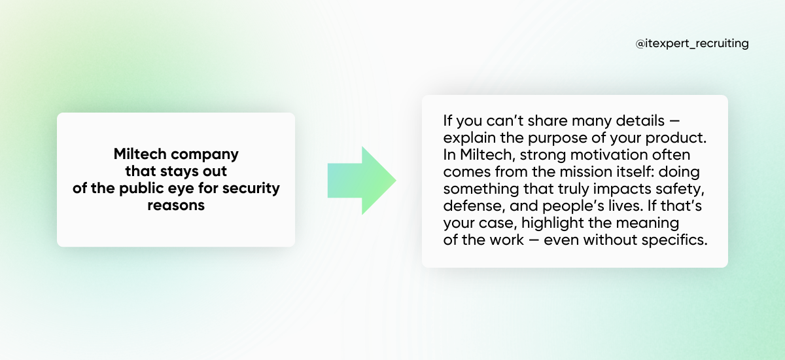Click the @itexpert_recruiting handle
click(692, 43)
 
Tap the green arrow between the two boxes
click(362, 181)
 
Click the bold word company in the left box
click(205, 154)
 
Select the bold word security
click(251, 189)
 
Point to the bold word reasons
click(176, 206)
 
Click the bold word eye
click(181, 190)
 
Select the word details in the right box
click(640, 121)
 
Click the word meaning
click(647, 223)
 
